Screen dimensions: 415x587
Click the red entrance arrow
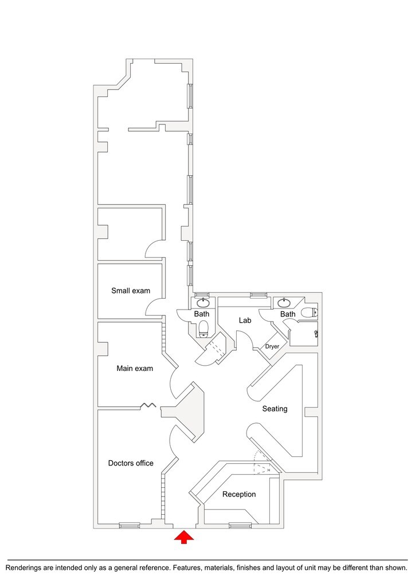tap(184, 537)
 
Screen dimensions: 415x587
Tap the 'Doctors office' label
tap(131, 463)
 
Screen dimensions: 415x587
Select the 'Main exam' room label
tap(135, 369)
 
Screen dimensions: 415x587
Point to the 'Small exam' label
tap(130, 291)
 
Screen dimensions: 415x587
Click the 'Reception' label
tap(239, 494)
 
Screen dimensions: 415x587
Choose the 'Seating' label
tap(275, 409)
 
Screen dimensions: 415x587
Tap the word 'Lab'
tap(245, 320)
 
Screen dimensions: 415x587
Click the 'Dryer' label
tap(272, 346)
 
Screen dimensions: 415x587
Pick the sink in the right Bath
tap(284, 303)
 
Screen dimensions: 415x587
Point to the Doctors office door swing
tap(173, 441)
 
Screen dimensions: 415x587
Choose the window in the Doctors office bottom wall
tap(129, 525)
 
